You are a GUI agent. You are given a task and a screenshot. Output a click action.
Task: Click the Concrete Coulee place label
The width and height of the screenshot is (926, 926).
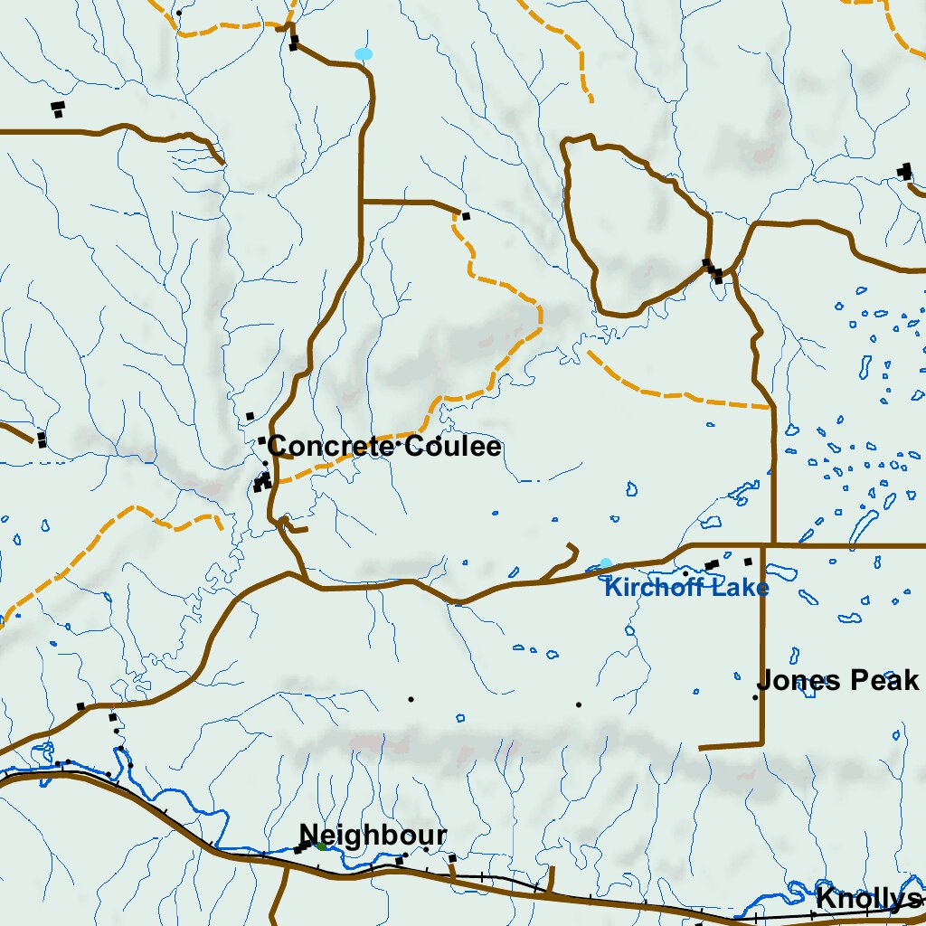pyautogui.click(x=384, y=446)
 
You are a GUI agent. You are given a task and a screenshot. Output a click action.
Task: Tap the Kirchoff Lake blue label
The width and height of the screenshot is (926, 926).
pyautogui.click(x=686, y=589)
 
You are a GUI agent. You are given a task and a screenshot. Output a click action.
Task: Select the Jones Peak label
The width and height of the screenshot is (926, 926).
pyautogui.click(x=837, y=680)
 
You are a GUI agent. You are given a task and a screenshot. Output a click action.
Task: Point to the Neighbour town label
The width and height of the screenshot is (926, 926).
pyautogui.click(x=373, y=835)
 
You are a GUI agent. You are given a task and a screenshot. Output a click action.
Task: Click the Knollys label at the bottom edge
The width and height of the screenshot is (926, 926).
pyautogui.click(x=867, y=899)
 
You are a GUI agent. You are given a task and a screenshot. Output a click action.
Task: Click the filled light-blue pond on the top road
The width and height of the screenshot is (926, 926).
pyautogui.click(x=364, y=53)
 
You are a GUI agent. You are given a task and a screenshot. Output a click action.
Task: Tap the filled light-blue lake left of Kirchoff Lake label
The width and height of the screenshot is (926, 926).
pyautogui.click(x=605, y=563)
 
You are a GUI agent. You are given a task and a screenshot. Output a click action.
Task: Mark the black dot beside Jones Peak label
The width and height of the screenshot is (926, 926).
pyautogui.click(x=755, y=697)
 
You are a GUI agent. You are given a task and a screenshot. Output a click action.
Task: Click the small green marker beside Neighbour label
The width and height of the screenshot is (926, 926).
pyautogui.click(x=321, y=846)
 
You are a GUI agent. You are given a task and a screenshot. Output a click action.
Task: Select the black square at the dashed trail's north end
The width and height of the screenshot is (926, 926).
pyautogui.click(x=466, y=216)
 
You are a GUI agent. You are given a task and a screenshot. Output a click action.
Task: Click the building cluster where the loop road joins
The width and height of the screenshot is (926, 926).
pyautogui.click(x=713, y=269)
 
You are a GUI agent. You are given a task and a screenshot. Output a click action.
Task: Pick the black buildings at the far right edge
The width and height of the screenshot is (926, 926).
pyautogui.click(x=904, y=170)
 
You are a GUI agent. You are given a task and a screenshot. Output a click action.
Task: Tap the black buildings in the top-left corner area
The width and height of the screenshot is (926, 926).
pyautogui.click(x=58, y=109)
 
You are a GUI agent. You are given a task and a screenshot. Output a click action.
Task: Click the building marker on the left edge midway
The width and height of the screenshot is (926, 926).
pyautogui.click(x=41, y=439)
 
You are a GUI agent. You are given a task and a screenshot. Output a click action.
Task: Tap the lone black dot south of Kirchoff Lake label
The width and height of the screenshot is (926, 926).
pyautogui.click(x=578, y=704)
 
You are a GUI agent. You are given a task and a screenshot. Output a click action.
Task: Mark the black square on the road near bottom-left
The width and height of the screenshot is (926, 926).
pyautogui.click(x=80, y=706)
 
